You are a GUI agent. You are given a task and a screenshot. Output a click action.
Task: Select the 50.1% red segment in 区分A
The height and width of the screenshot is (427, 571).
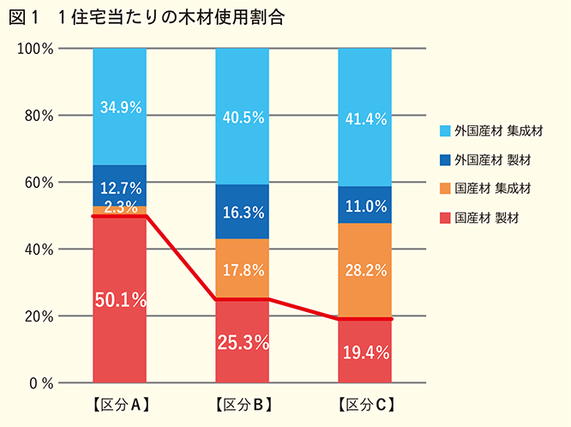(120, 300)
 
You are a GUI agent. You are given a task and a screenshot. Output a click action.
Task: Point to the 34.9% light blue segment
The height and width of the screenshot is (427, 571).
(120, 107)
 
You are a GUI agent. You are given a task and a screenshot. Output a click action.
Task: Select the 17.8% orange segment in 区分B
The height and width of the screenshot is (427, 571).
(242, 268)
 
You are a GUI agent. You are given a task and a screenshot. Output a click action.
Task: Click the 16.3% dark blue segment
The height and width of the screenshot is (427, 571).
(242, 211)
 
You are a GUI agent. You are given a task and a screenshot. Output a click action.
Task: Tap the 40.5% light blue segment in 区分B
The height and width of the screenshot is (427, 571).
(242, 117)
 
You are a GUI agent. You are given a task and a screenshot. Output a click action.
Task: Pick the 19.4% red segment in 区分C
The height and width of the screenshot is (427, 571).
(364, 352)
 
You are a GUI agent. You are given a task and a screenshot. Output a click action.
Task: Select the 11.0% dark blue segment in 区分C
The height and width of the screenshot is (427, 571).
(364, 205)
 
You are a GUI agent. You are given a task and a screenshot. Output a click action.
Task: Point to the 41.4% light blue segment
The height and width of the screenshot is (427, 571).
(364, 118)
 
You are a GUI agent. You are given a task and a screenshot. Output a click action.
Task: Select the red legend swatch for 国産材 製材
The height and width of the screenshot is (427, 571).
(445, 218)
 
